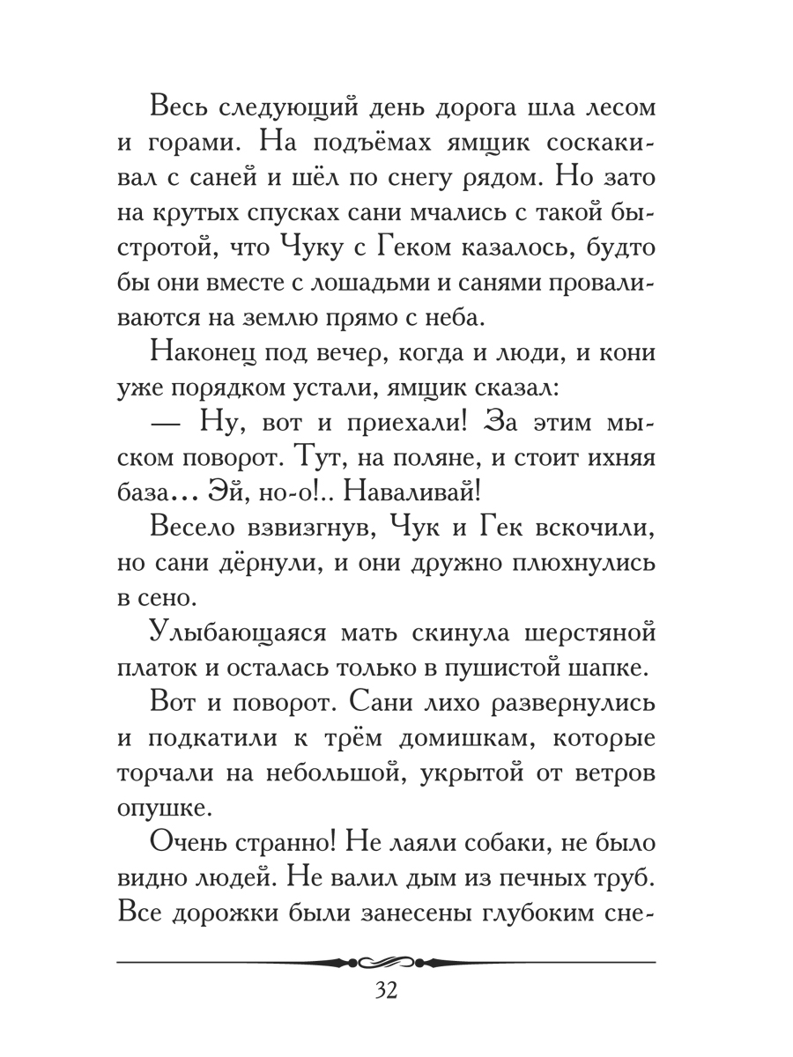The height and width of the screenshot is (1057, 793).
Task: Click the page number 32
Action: [387, 990]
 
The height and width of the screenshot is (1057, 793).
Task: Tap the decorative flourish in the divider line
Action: [385, 961]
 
